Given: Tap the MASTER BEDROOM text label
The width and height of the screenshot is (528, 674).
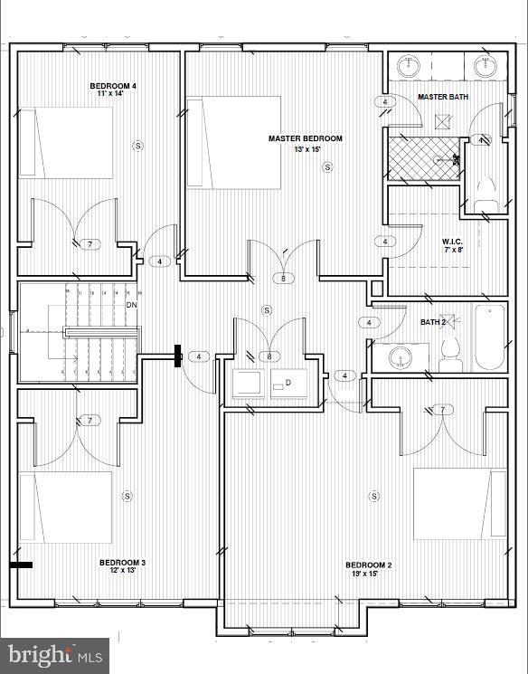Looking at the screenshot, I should click(306, 138).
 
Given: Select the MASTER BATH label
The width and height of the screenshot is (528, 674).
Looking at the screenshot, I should click(443, 96).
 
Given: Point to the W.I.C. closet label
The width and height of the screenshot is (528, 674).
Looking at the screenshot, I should click(453, 242).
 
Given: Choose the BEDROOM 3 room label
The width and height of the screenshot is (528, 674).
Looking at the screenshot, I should click(122, 563).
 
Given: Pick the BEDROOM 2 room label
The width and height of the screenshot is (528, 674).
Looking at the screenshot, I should click(368, 563).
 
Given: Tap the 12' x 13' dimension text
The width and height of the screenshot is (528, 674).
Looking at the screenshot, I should click(122, 572).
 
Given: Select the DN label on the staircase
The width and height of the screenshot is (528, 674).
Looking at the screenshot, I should click(131, 305).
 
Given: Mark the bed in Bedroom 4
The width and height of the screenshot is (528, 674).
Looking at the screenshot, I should click(64, 142).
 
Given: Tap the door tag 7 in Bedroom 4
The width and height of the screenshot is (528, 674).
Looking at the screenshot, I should click(90, 244).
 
